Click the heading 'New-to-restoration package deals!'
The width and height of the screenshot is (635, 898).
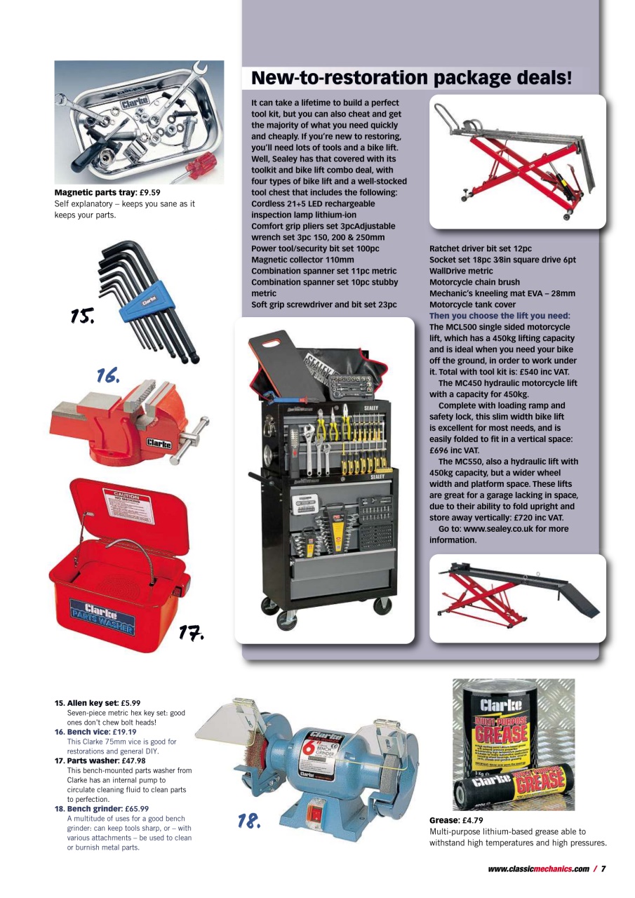[x=411, y=78]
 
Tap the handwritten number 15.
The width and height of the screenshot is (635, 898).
[x=82, y=316]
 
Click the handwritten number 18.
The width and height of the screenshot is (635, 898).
[x=248, y=820]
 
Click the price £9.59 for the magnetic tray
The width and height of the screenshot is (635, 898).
[x=149, y=192]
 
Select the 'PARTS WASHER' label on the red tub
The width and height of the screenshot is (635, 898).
[x=102, y=621]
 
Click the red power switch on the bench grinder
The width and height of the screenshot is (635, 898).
[x=316, y=813]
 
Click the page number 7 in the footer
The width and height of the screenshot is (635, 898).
[x=603, y=869]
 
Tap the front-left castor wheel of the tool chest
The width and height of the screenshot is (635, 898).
[x=287, y=619]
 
